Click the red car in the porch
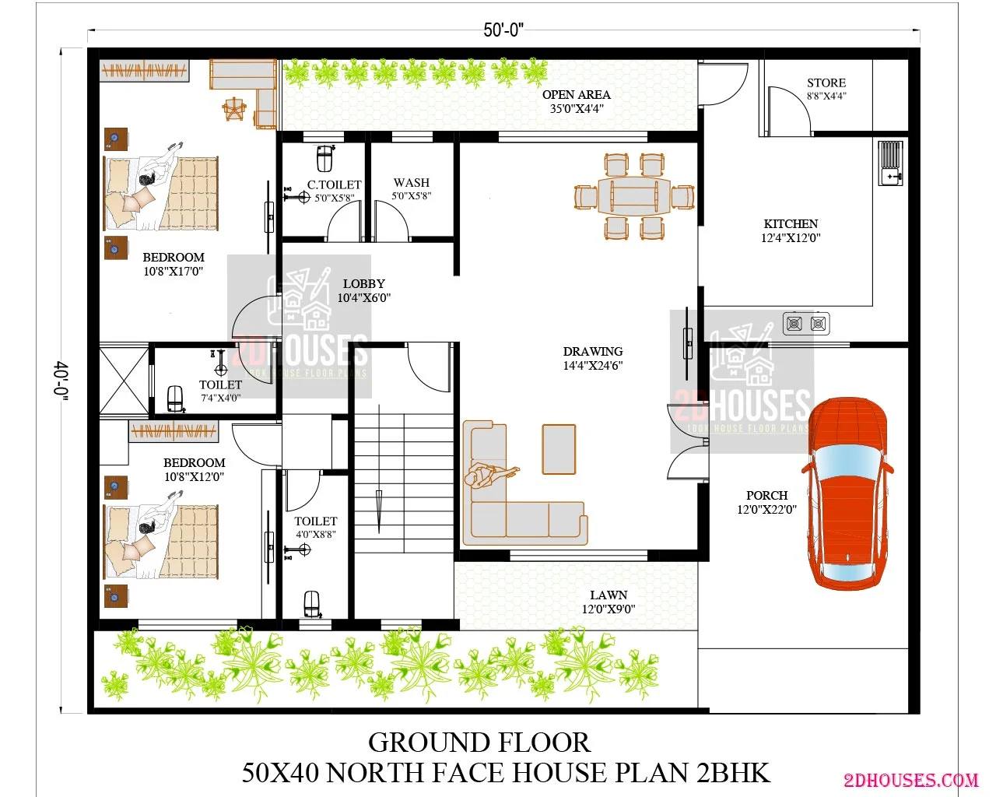pos(847,493)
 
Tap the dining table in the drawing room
pos(633,196)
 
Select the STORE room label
pos(826,83)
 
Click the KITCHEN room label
pos(791,223)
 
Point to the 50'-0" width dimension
pos(503,30)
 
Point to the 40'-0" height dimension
pos(62,381)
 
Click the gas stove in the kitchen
pos(806,323)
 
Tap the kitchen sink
pos(890,163)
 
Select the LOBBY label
pos(364,283)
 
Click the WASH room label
pos(411,182)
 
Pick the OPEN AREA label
pos(577,94)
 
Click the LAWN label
pos(608,595)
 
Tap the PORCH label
pos(766,495)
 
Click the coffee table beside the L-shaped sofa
pos(559,449)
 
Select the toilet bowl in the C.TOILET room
pos(325,158)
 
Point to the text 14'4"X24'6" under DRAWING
pos(592,365)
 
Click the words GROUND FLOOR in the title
pos(479,743)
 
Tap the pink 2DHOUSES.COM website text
pos(911,780)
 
